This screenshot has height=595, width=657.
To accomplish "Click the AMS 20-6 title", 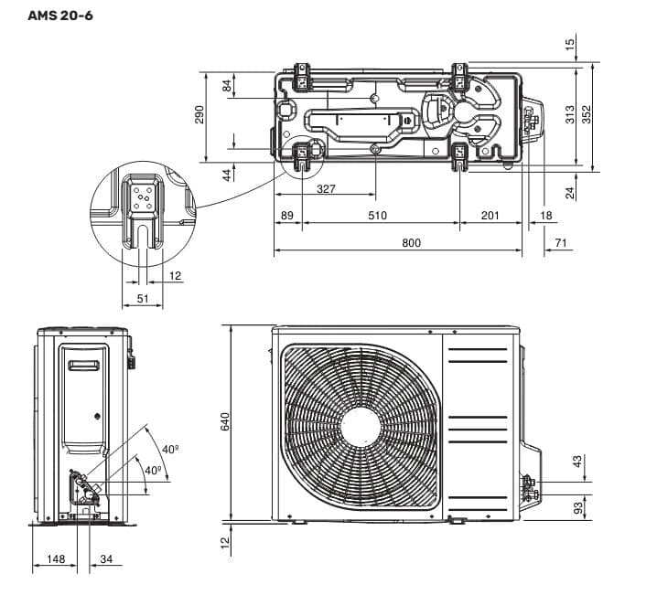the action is [x=59, y=16].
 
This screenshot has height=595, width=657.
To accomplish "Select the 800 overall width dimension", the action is [x=411, y=243].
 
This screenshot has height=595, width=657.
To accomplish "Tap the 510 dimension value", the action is [x=377, y=216].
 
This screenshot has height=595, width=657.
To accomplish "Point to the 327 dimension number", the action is [x=326, y=189].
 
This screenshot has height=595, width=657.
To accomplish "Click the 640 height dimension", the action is [x=225, y=421].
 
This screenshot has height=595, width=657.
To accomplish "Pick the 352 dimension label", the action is [x=587, y=114].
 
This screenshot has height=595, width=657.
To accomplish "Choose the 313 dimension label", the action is [x=570, y=114].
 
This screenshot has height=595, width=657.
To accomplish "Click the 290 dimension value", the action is [x=199, y=114].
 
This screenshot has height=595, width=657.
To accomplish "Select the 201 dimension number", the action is [x=490, y=216].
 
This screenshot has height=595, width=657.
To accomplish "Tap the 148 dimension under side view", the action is [x=56, y=559].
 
